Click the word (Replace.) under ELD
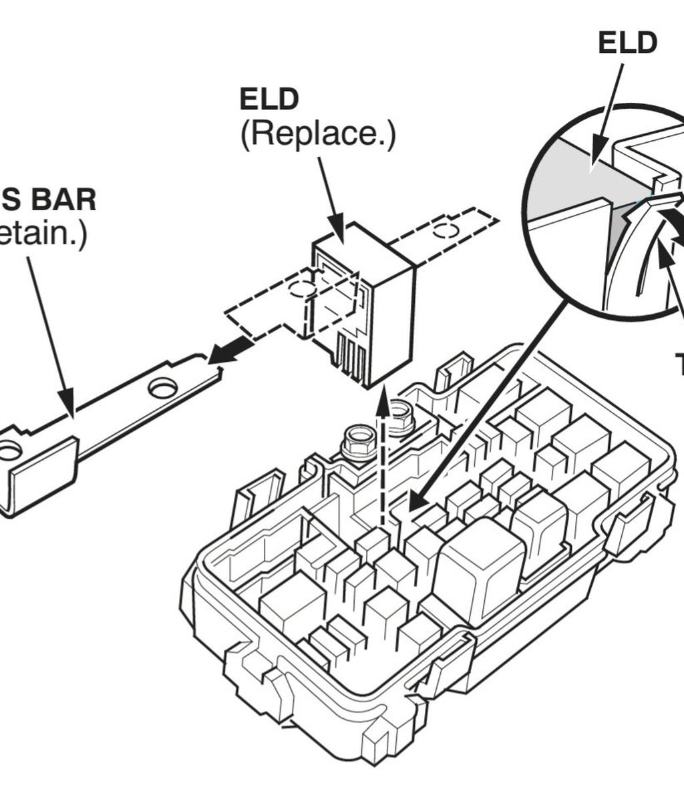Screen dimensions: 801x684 317,134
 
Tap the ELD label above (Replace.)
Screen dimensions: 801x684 269,99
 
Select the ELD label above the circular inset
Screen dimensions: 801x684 627,42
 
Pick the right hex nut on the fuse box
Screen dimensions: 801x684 400,417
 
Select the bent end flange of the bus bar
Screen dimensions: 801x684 40,474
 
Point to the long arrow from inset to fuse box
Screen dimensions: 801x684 494,400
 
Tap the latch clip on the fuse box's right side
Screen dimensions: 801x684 628,527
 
